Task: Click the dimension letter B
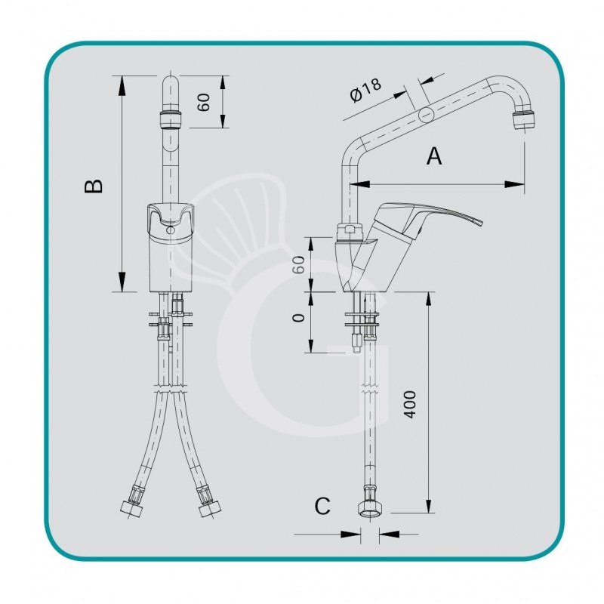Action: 93,186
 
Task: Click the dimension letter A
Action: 434,156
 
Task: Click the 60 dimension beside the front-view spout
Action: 202,103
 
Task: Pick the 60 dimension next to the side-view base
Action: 299,264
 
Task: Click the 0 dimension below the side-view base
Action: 299,318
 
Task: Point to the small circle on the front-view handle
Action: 171,228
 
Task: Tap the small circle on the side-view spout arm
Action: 426,115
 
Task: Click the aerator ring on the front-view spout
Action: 171,120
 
